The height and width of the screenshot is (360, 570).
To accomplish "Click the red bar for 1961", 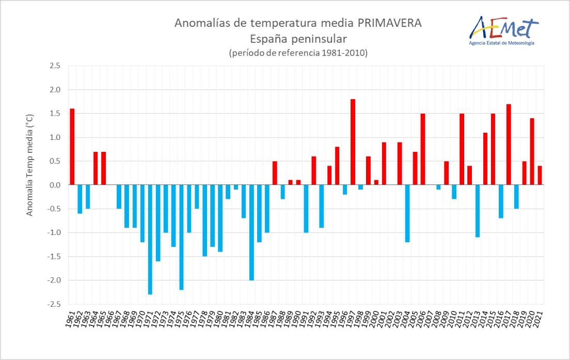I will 72,147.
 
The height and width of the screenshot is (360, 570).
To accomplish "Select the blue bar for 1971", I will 150,240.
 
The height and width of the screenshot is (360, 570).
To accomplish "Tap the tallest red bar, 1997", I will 353,142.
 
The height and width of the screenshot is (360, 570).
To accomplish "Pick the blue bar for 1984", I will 251,232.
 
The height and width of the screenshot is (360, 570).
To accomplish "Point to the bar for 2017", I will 509,145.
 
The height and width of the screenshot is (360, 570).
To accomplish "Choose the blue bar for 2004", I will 407,213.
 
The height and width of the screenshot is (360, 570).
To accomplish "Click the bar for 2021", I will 540,176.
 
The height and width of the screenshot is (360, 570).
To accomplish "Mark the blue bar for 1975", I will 181,237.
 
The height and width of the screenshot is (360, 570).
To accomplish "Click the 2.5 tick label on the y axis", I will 55,66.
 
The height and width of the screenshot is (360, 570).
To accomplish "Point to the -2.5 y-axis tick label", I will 54,304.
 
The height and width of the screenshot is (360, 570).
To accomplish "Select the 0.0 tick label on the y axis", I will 55,185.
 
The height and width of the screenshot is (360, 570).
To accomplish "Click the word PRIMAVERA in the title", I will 385,23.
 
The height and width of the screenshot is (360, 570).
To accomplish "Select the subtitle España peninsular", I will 298,39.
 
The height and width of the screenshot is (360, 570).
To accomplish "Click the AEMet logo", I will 503,27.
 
